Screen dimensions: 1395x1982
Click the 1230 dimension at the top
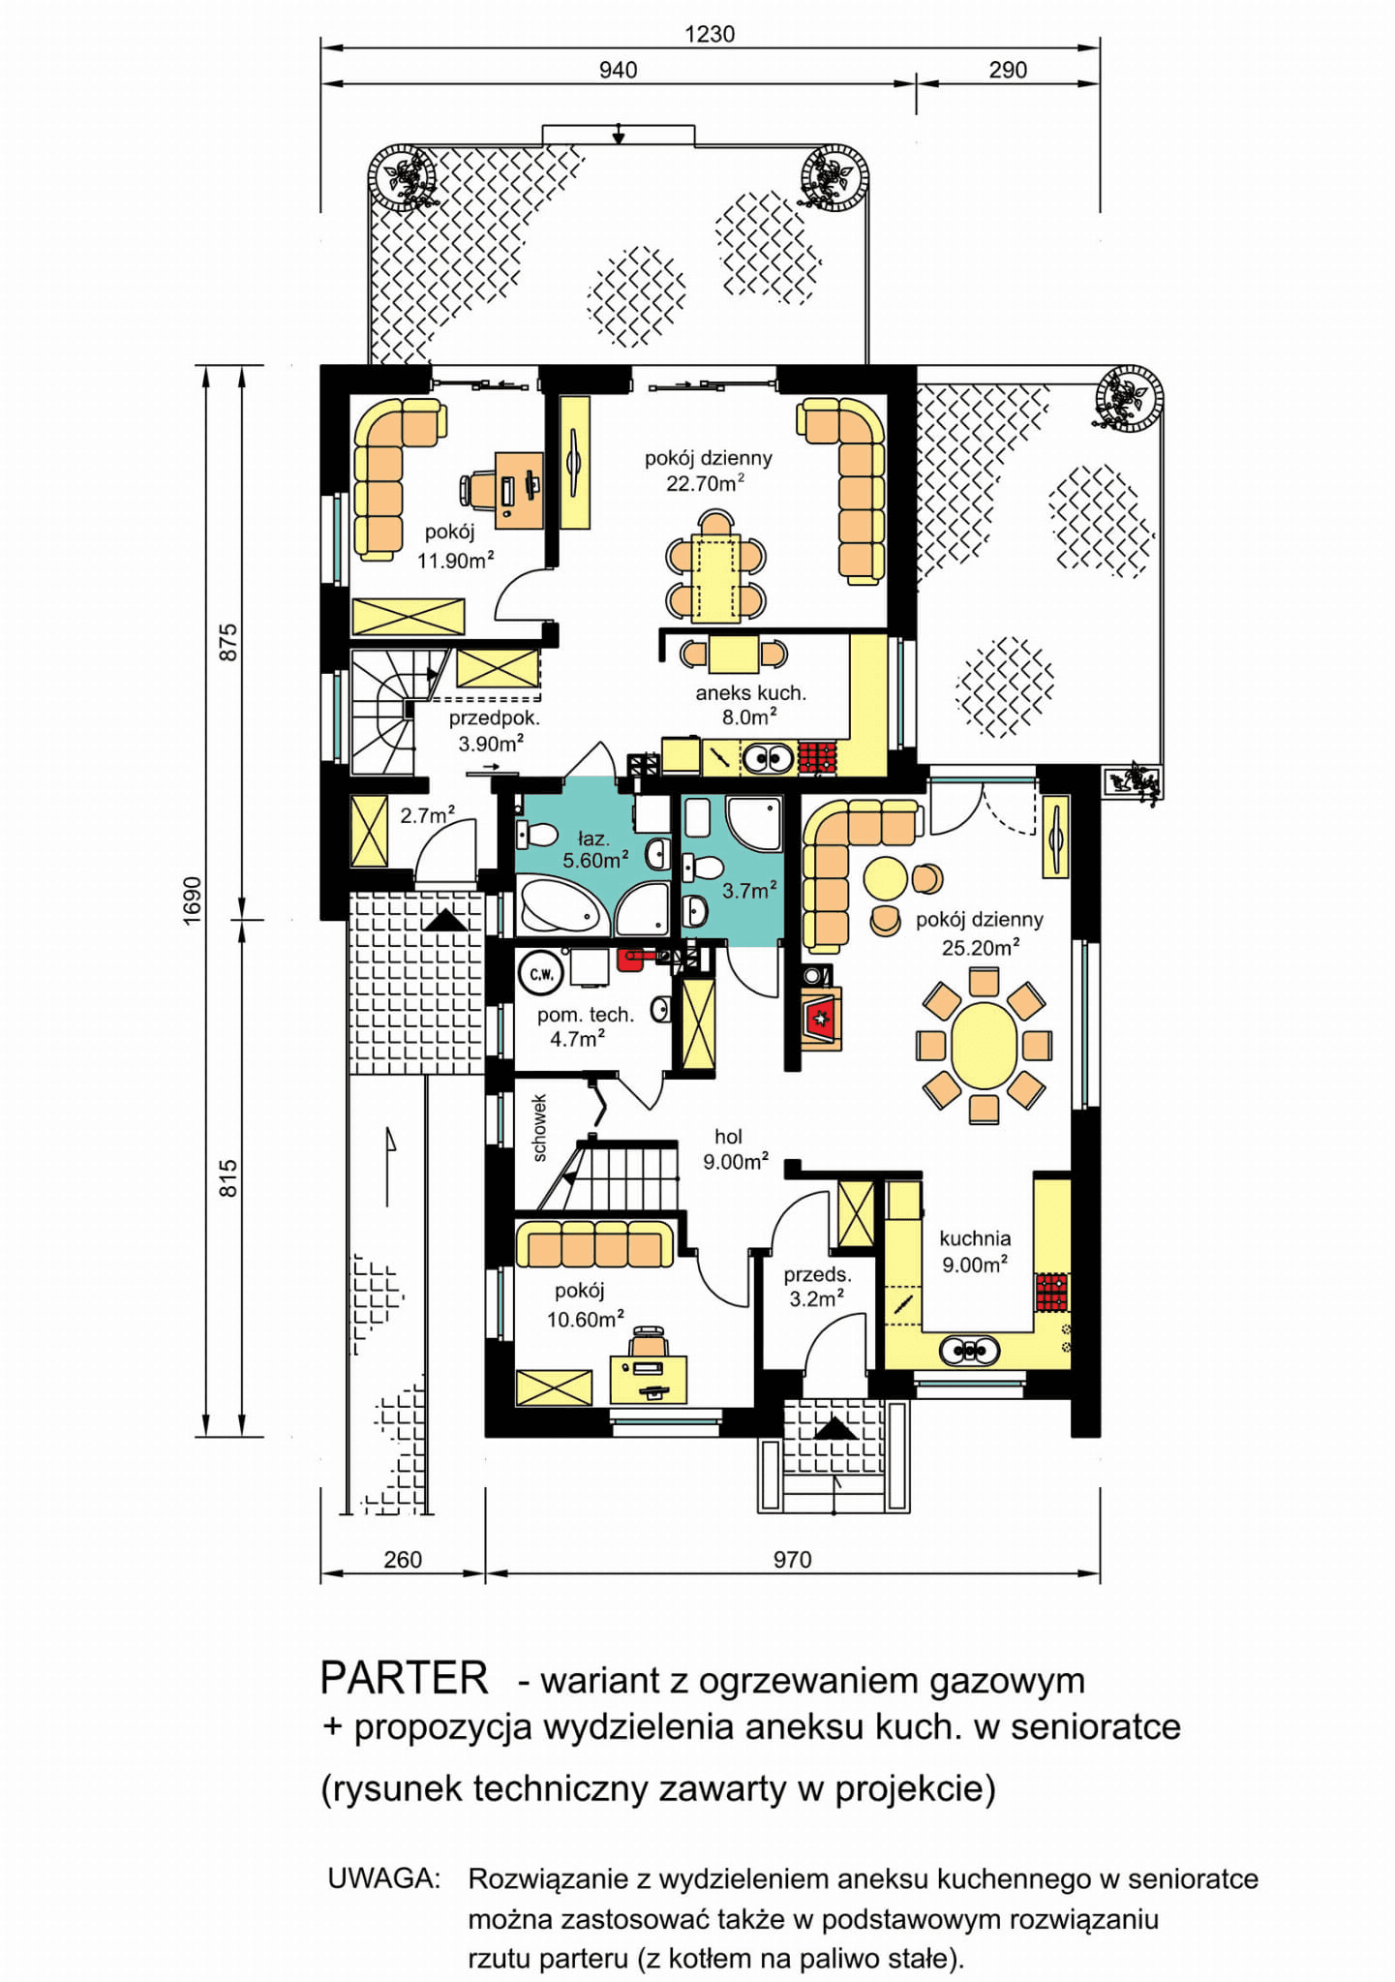click(710, 34)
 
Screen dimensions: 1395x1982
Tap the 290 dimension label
click(1008, 70)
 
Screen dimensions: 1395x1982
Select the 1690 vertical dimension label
click(193, 900)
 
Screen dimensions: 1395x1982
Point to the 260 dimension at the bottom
click(403, 1559)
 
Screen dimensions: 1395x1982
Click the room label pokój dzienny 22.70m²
click(708, 471)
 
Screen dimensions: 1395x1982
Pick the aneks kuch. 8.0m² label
click(750, 705)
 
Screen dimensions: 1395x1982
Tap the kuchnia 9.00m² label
click(975, 1251)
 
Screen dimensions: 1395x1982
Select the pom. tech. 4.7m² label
click(585, 1026)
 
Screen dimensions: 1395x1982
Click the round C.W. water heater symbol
click(541, 974)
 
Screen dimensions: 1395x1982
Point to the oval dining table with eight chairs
click(984, 1046)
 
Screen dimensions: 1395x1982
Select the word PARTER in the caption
click(405, 1678)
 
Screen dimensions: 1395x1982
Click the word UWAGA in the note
click(383, 1878)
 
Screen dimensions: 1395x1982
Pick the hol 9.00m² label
click(736, 1149)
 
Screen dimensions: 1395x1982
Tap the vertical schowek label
click(539, 1128)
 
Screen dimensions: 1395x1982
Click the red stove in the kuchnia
click(1052, 1292)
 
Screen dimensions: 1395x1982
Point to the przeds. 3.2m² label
click(817, 1287)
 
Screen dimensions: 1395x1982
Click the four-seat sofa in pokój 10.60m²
click(594, 1244)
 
